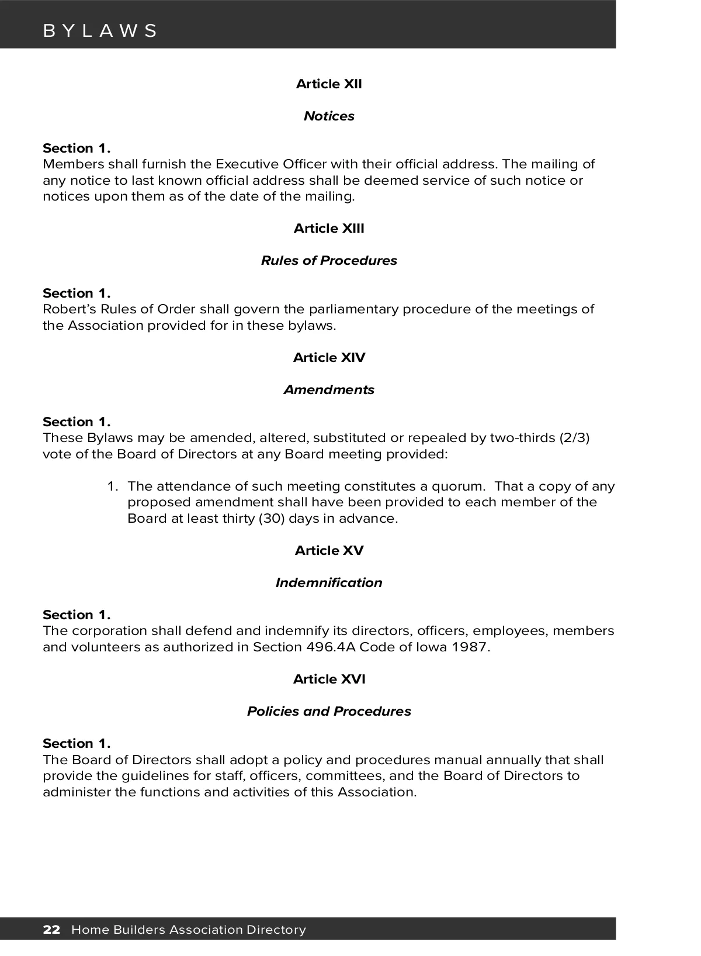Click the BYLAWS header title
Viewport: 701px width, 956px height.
[100, 31]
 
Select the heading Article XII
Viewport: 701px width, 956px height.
[329, 84]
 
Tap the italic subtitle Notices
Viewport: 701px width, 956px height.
[329, 116]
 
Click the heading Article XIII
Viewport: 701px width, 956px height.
[329, 229]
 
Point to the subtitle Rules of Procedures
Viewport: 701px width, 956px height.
[329, 261]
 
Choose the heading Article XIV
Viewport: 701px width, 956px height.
[329, 358]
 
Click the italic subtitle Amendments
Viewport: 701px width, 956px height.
[329, 390]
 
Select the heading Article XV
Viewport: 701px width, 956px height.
[329, 551]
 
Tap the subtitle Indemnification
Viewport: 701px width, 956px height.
[329, 583]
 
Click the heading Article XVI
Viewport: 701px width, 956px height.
[329, 679]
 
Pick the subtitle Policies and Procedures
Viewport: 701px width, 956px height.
[329, 712]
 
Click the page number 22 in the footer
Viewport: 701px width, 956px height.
[51, 930]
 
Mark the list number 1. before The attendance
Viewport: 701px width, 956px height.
[113, 486]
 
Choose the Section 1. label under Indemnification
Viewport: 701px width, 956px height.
[77, 615]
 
